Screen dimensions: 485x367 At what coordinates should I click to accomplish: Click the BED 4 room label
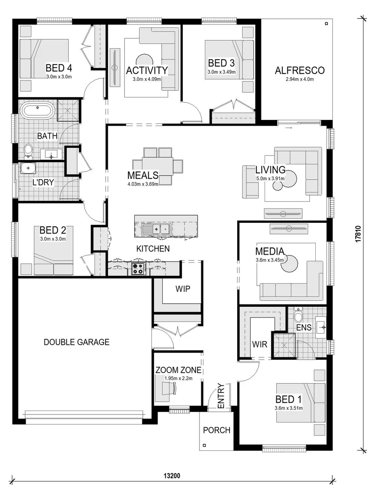[x=59, y=68]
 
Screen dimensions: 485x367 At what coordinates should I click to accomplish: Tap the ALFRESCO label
[x=300, y=71]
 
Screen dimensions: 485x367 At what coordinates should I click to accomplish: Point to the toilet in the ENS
[x=299, y=317]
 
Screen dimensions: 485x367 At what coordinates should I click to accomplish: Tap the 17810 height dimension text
[x=358, y=234]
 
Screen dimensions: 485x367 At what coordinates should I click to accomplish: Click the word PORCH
[x=217, y=430]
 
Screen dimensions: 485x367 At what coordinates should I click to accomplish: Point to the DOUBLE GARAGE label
[x=76, y=342]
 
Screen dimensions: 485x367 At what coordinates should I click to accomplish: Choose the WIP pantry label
[x=183, y=288]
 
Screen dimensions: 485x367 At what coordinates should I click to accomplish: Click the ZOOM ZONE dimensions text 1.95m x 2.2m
[x=178, y=378]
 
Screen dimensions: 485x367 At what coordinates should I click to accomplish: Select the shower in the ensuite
[x=285, y=345]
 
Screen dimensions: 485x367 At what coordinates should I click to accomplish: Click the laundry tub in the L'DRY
[x=28, y=168]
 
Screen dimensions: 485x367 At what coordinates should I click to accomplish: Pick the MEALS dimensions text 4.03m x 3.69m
[x=143, y=184]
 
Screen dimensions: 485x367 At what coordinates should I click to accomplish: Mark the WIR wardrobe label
[x=260, y=345]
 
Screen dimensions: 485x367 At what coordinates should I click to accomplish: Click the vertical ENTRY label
[x=221, y=396]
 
